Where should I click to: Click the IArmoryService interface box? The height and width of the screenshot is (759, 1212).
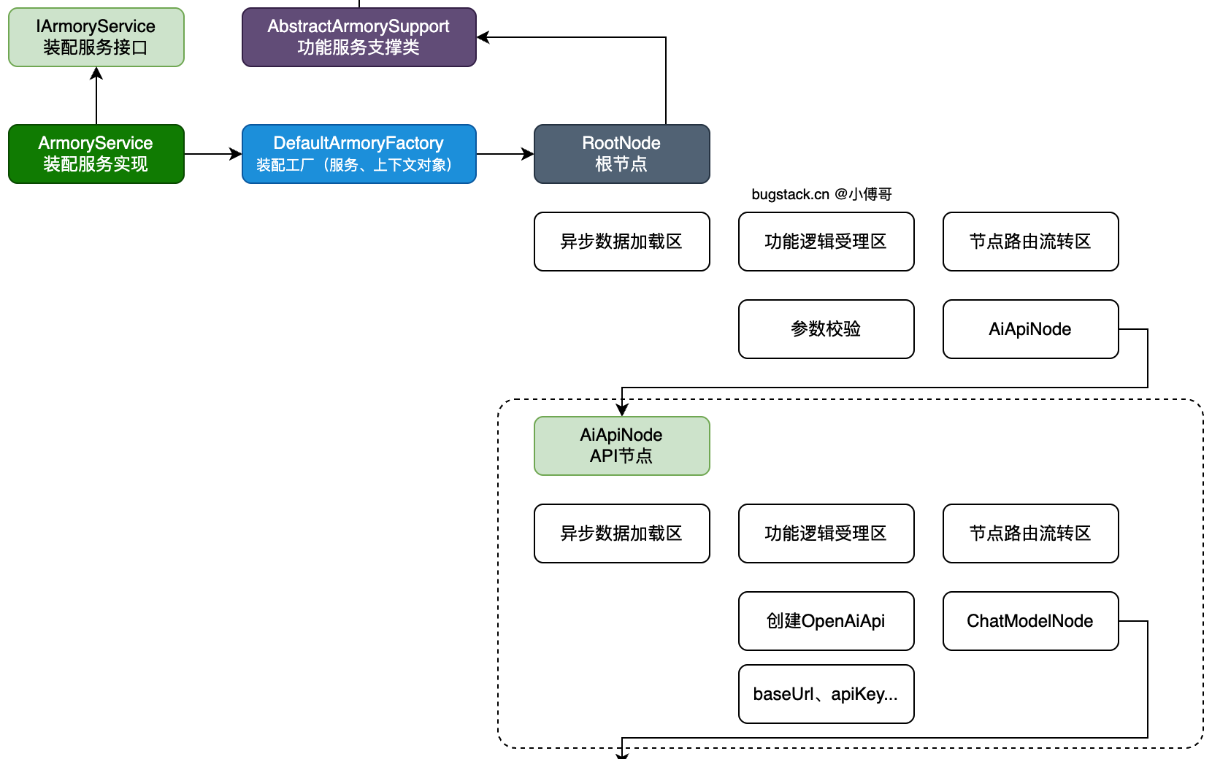(x=96, y=37)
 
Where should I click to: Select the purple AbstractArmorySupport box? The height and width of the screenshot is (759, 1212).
(x=358, y=37)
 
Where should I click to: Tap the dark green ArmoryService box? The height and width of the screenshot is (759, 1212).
(x=96, y=154)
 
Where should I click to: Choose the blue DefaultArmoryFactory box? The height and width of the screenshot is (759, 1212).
(x=358, y=154)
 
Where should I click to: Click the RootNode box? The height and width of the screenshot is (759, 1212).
(x=621, y=154)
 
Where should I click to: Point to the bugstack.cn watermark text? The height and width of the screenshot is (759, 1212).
(x=821, y=194)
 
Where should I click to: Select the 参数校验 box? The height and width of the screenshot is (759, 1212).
(x=826, y=329)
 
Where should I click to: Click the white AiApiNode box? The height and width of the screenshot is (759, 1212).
(x=1030, y=329)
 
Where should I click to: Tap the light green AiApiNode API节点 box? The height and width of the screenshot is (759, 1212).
(x=621, y=446)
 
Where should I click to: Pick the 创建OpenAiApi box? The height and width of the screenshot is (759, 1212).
(x=826, y=621)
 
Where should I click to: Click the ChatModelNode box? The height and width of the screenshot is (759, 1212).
(x=1030, y=621)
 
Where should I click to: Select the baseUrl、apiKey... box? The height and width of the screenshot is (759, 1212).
(x=826, y=694)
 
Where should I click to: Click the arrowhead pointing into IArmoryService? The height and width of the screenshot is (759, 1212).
(x=96, y=73)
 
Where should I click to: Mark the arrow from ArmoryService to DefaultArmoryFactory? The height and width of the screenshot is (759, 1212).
(x=212, y=154)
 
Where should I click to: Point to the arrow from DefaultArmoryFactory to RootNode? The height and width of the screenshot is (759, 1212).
(x=505, y=154)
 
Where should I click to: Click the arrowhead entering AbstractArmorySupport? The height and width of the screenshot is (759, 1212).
(x=483, y=37)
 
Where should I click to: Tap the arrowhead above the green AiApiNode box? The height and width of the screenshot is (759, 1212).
(x=622, y=410)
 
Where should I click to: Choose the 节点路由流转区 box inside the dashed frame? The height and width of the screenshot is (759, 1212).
(x=1030, y=533)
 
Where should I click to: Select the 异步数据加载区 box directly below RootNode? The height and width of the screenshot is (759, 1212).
(x=621, y=242)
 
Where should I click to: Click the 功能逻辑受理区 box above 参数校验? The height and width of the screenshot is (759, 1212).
(x=826, y=242)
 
